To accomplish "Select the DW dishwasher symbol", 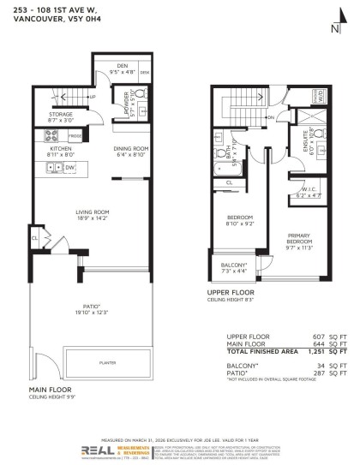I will [x=69, y=168].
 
